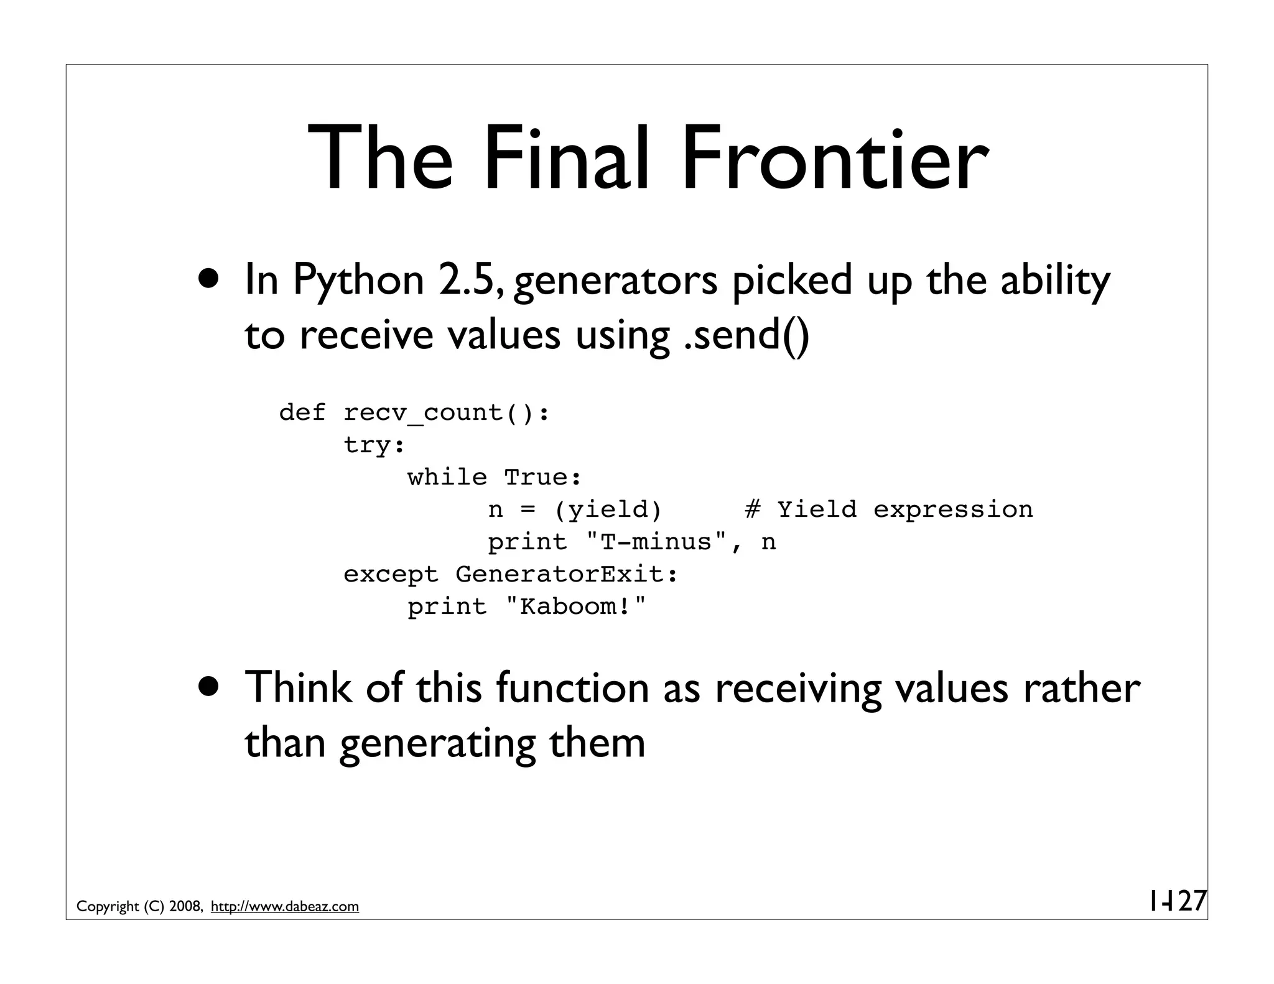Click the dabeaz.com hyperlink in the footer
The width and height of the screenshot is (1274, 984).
285,907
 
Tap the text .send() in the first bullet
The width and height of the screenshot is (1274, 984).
746,335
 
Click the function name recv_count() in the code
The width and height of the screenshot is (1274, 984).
446,412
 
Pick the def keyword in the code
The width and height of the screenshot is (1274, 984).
302,412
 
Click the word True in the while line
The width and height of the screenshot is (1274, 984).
542,477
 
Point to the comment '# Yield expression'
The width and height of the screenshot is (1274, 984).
888,510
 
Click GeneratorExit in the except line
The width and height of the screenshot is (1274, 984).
566,574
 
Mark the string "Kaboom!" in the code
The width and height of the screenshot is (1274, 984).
575,606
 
